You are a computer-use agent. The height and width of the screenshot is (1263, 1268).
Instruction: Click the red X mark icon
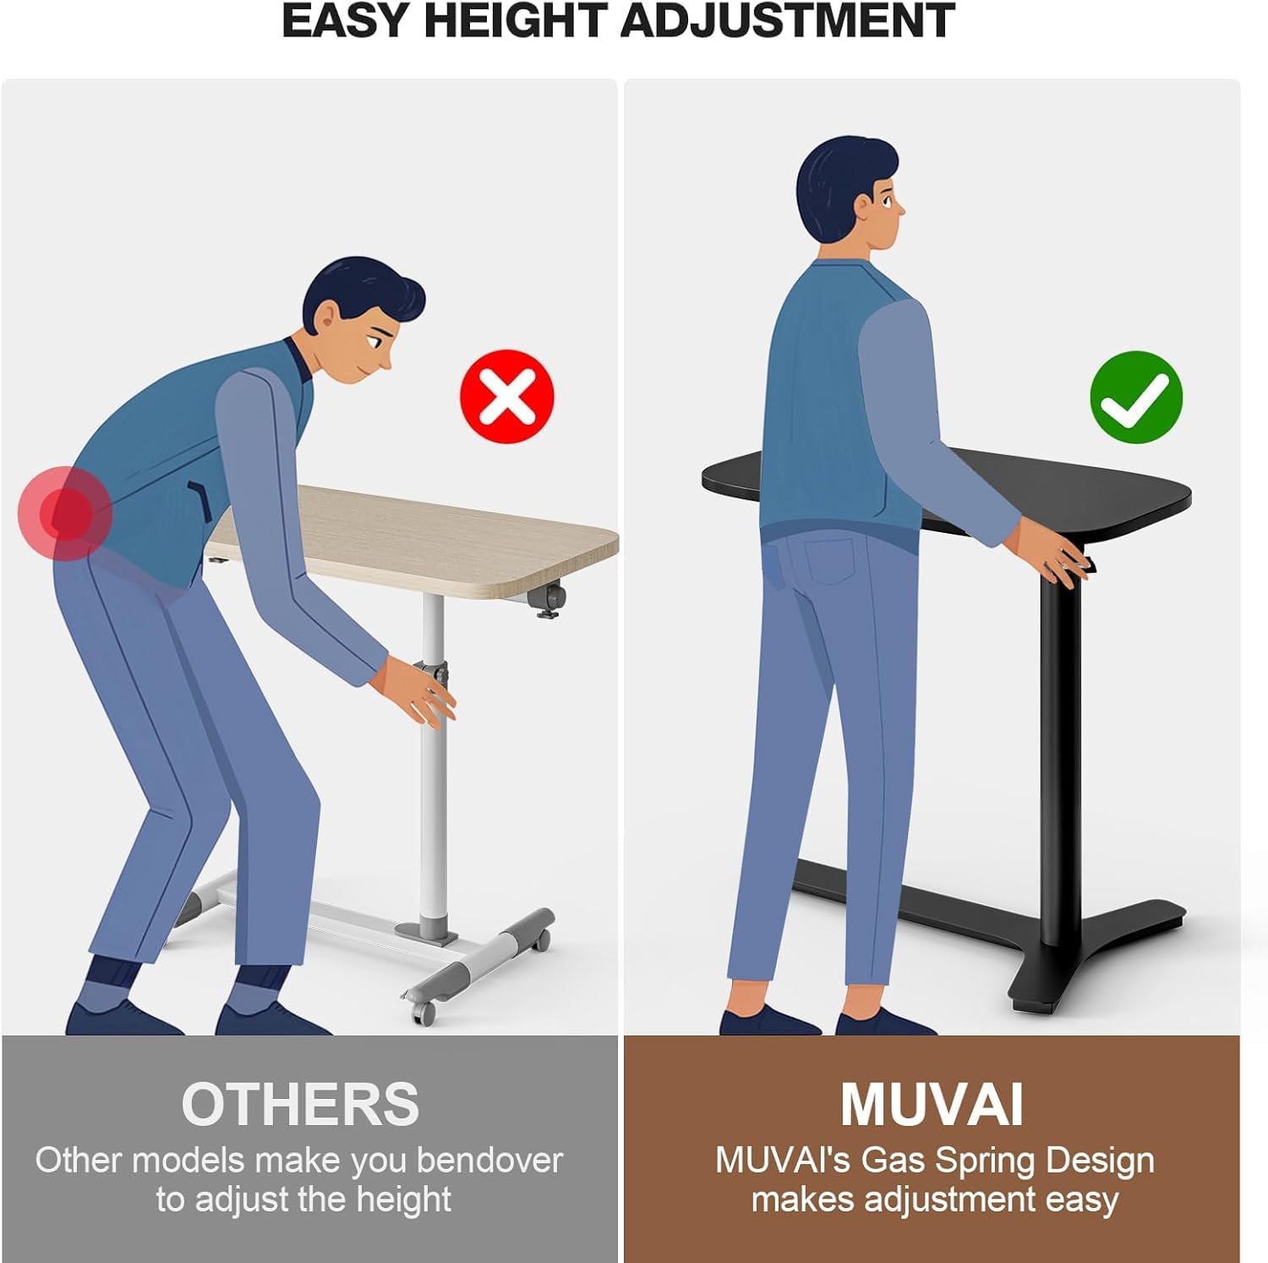(x=507, y=397)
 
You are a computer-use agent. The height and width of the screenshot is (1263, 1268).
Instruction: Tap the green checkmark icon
(x=1136, y=397)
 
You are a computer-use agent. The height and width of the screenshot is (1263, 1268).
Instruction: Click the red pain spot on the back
(x=65, y=513)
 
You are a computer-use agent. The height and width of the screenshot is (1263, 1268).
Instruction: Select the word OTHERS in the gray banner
(x=300, y=1104)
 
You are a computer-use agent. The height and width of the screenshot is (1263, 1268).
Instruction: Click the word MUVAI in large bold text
(x=932, y=1104)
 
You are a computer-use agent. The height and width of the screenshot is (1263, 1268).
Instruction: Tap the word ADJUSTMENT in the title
(x=788, y=20)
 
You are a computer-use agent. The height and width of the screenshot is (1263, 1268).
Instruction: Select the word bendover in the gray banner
(x=489, y=1160)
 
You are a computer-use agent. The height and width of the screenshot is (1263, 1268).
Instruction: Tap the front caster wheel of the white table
(x=423, y=1010)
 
